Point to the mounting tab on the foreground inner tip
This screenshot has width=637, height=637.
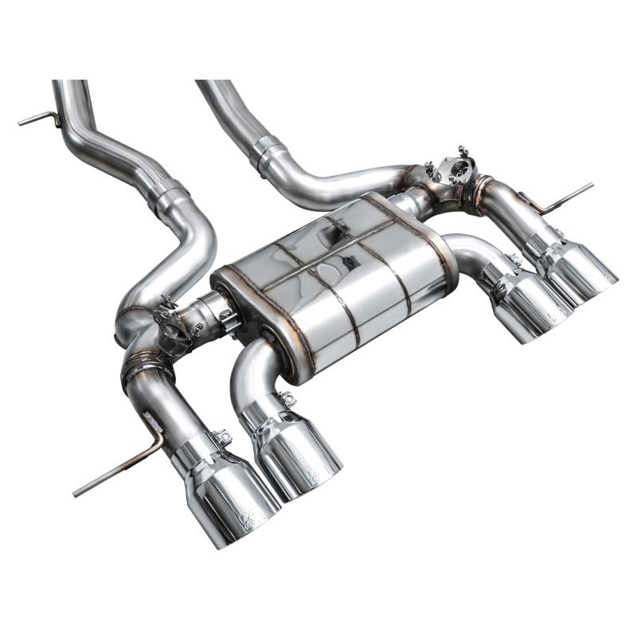pos(286,397)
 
